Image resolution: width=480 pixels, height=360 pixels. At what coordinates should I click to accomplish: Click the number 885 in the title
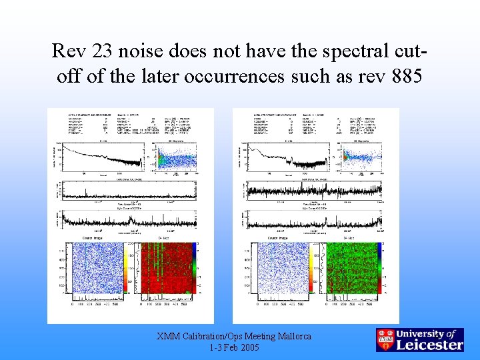coord(402,76)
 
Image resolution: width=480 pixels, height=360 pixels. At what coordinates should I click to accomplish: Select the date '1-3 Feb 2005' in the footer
coord(234,348)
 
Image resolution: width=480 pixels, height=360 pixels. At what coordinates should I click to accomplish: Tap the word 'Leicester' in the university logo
coord(429,345)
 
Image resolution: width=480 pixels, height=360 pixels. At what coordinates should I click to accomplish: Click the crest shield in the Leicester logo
coord(385,340)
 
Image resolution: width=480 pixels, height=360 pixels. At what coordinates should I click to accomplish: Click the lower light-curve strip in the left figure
coord(127,220)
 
